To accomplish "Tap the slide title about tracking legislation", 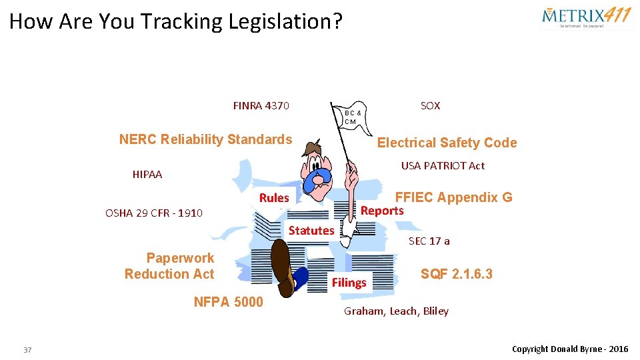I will (x=176, y=21).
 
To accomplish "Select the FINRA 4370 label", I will (x=261, y=105).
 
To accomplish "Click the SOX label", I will (x=430, y=105).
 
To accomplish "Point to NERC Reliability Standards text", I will (x=205, y=139).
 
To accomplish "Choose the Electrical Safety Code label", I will (x=447, y=143).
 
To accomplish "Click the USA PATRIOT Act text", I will (x=443, y=165).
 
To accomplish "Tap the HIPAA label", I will (x=147, y=175).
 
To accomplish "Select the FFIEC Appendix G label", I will (x=453, y=197).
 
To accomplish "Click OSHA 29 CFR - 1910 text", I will (x=154, y=213).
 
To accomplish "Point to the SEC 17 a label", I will (x=429, y=241).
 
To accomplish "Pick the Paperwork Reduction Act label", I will (x=170, y=266).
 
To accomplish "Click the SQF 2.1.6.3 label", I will (x=457, y=273).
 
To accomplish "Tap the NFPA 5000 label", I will (x=228, y=302).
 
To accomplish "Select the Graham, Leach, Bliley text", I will (x=396, y=311).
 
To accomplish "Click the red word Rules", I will (x=274, y=198).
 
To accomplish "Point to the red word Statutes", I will (x=311, y=231).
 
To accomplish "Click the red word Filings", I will (x=349, y=283).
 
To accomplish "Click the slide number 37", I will (x=27, y=350).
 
